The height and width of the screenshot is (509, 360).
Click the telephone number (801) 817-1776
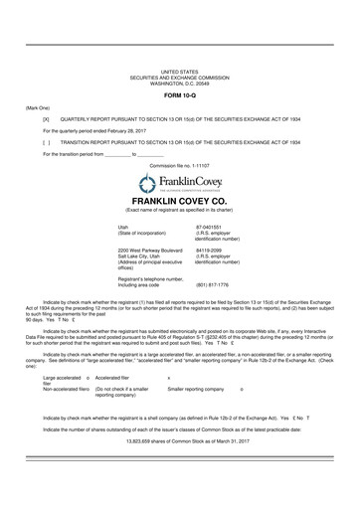213,285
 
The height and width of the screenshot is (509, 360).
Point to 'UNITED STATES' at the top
180,73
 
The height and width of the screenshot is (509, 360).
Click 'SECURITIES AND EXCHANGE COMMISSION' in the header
180,78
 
